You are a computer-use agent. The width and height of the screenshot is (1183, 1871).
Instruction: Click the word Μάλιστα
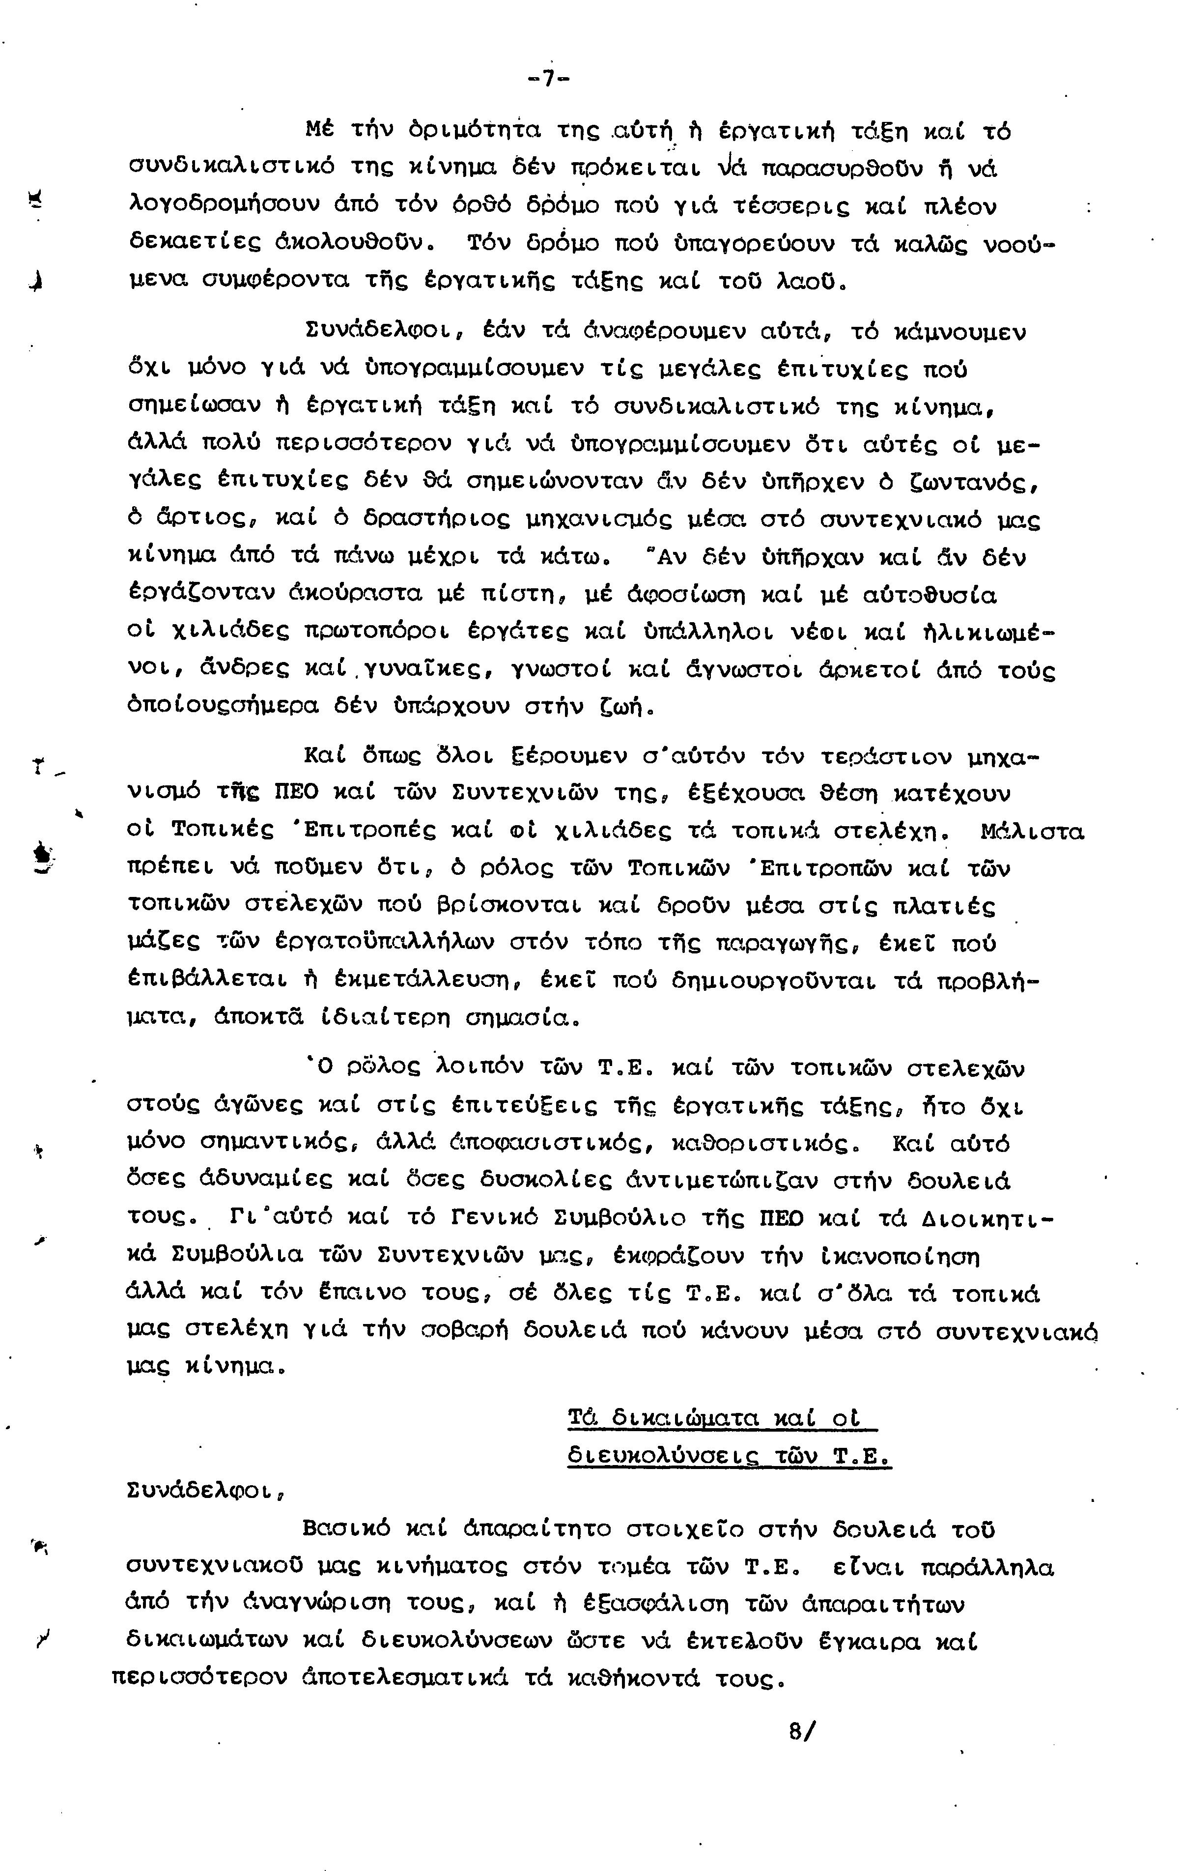pyautogui.click(x=1032, y=832)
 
